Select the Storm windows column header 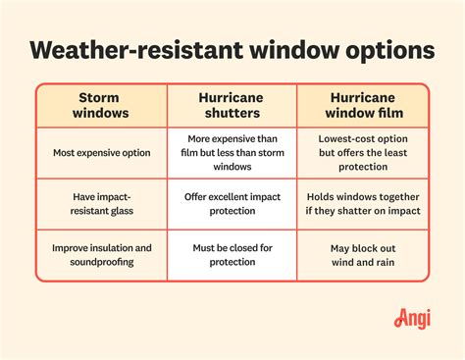point(102,106)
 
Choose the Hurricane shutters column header point(232,106)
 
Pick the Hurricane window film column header point(363,106)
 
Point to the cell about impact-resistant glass point(102,204)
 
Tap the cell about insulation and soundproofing point(102,256)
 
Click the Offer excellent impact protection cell point(232,204)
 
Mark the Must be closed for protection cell point(232,256)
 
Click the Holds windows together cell point(363,204)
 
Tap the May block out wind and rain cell point(363,256)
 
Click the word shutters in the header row point(232,114)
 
